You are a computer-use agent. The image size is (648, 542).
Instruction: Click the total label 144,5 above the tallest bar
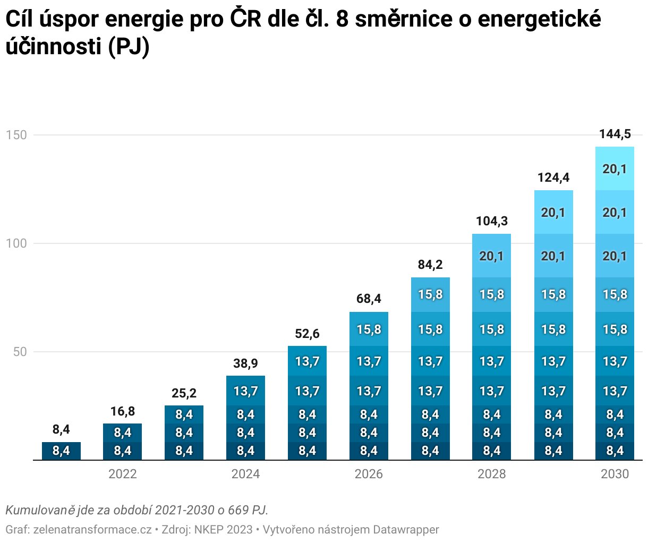(615, 134)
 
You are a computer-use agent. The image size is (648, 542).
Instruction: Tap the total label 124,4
(553, 177)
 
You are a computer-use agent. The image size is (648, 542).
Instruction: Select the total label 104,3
(491, 221)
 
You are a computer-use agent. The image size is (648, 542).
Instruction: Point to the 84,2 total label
(430, 265)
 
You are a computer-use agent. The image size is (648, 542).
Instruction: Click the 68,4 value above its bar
(369, 299)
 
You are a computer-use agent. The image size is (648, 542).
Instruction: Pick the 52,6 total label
(307, 333)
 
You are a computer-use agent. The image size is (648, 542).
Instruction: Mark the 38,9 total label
(245, 363)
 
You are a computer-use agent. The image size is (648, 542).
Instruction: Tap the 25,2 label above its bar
(184, 393)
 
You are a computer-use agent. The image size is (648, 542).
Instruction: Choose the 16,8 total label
(123, 411)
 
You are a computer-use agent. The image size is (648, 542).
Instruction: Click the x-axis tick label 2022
(123, 474)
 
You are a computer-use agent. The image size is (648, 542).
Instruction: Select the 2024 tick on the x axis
(245, 474)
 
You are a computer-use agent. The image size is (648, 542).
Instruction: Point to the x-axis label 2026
(369, 474)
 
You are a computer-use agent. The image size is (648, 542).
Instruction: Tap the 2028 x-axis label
(491, 474)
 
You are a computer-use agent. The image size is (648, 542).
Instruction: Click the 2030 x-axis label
(615, 474)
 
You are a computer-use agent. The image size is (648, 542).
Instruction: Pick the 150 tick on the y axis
(16, 135)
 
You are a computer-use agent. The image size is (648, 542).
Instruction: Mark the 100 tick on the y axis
(16, 243)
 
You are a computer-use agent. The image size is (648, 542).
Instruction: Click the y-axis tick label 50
(20, 352)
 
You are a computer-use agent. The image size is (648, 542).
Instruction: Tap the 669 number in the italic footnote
(239, 511)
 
